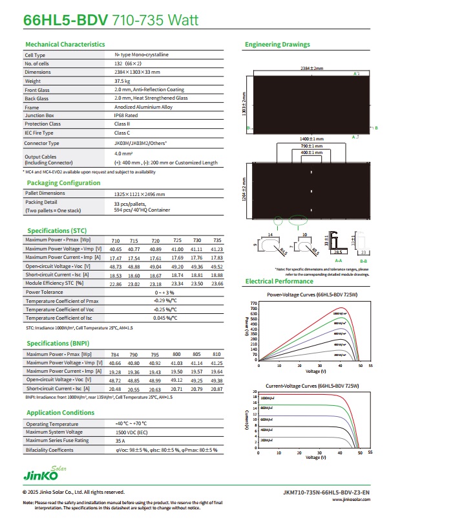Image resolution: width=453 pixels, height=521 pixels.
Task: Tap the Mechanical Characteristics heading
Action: (65, 45)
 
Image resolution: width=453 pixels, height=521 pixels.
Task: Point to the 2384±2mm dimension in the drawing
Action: (307, 68)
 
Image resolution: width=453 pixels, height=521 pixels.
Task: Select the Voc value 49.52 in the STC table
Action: (216, 266)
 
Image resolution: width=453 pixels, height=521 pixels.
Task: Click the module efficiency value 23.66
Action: (216, 283)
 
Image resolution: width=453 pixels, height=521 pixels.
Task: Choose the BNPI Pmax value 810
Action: (216, 355)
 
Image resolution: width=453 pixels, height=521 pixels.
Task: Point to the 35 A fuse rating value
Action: (120, 441)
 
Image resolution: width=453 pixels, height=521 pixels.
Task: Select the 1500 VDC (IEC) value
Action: (132, 432)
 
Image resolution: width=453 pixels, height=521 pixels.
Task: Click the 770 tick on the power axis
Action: (254, 303)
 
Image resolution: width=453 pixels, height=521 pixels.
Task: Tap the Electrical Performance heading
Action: (279, 282)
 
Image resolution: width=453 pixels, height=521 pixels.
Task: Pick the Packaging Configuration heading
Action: (63, 183)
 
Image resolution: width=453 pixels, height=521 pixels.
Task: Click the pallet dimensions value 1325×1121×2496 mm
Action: (140, 194)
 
